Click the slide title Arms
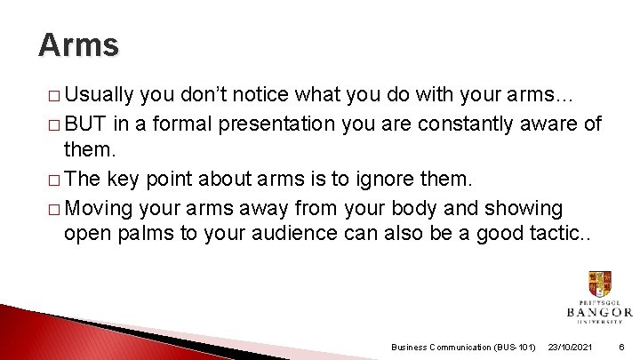[x=78, y=44]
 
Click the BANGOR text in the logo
[x=599, y=312]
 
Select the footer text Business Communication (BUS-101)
[x=463, y=347]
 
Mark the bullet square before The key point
[x=52, y=180]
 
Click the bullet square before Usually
[x=52, y=95]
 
